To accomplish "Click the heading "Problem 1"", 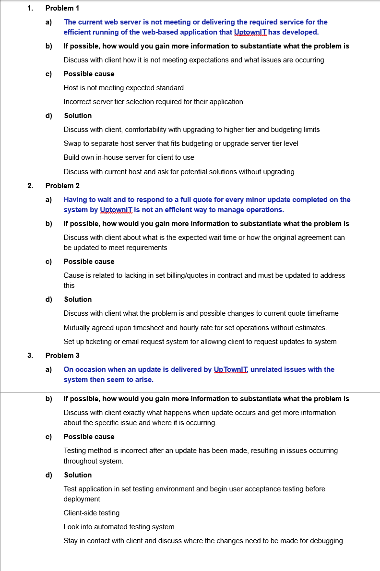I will click(x=62, y=8).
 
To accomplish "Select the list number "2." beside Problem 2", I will click(x=30, y=186).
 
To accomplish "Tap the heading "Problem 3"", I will click(x=62, y=356).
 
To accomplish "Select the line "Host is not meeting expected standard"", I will click(x=123, y=88).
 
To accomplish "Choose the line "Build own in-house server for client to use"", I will click(x=129, y=157).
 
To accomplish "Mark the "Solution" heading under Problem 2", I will click(x=78, y=299).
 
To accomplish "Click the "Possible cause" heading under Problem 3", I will click(x=89, y=437).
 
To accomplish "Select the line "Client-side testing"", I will click(x=92, y=513).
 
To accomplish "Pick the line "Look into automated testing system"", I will click(x=119, y=527).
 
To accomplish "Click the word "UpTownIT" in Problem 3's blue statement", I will click(x=230, y=369).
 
